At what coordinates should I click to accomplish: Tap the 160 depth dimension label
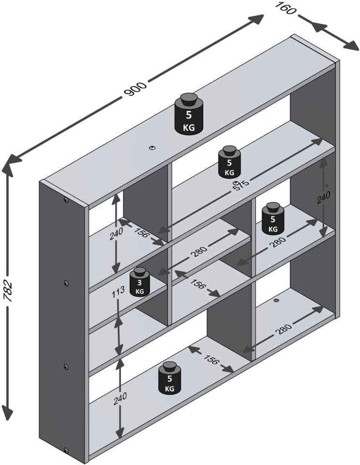(x=285, y=9)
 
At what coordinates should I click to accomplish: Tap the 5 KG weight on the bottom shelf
(x=169, y=378)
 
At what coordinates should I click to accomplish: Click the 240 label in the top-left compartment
(x=116, y=234)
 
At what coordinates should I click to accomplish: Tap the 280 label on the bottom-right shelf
(x=284, y=328)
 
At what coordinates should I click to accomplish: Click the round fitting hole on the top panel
(x=153, y=148)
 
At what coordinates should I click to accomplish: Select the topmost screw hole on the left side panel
(x=66, y=200)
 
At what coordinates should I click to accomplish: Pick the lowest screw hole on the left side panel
(x=66, y=451)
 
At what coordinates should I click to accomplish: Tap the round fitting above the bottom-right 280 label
(x=276, y=301)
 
